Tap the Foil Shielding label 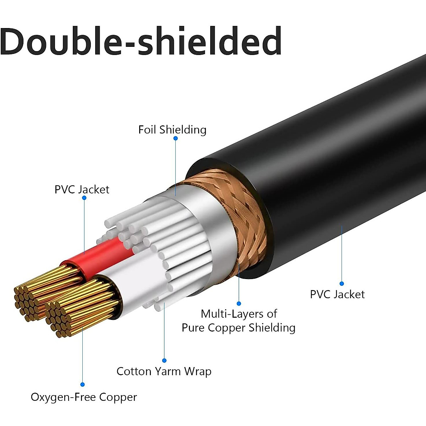(172, 130)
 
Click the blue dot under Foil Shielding (175, 138)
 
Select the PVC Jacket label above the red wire (82, 189)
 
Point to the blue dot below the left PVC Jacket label (84, 198)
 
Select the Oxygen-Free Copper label (84, 397)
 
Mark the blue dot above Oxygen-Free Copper (82, 384)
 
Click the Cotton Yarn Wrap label (164, 371)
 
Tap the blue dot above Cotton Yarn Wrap (164, 361)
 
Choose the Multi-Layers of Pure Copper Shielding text (239, 321)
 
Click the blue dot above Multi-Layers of (239, 304)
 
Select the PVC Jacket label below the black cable (337, 294)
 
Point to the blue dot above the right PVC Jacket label (342, 284)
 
